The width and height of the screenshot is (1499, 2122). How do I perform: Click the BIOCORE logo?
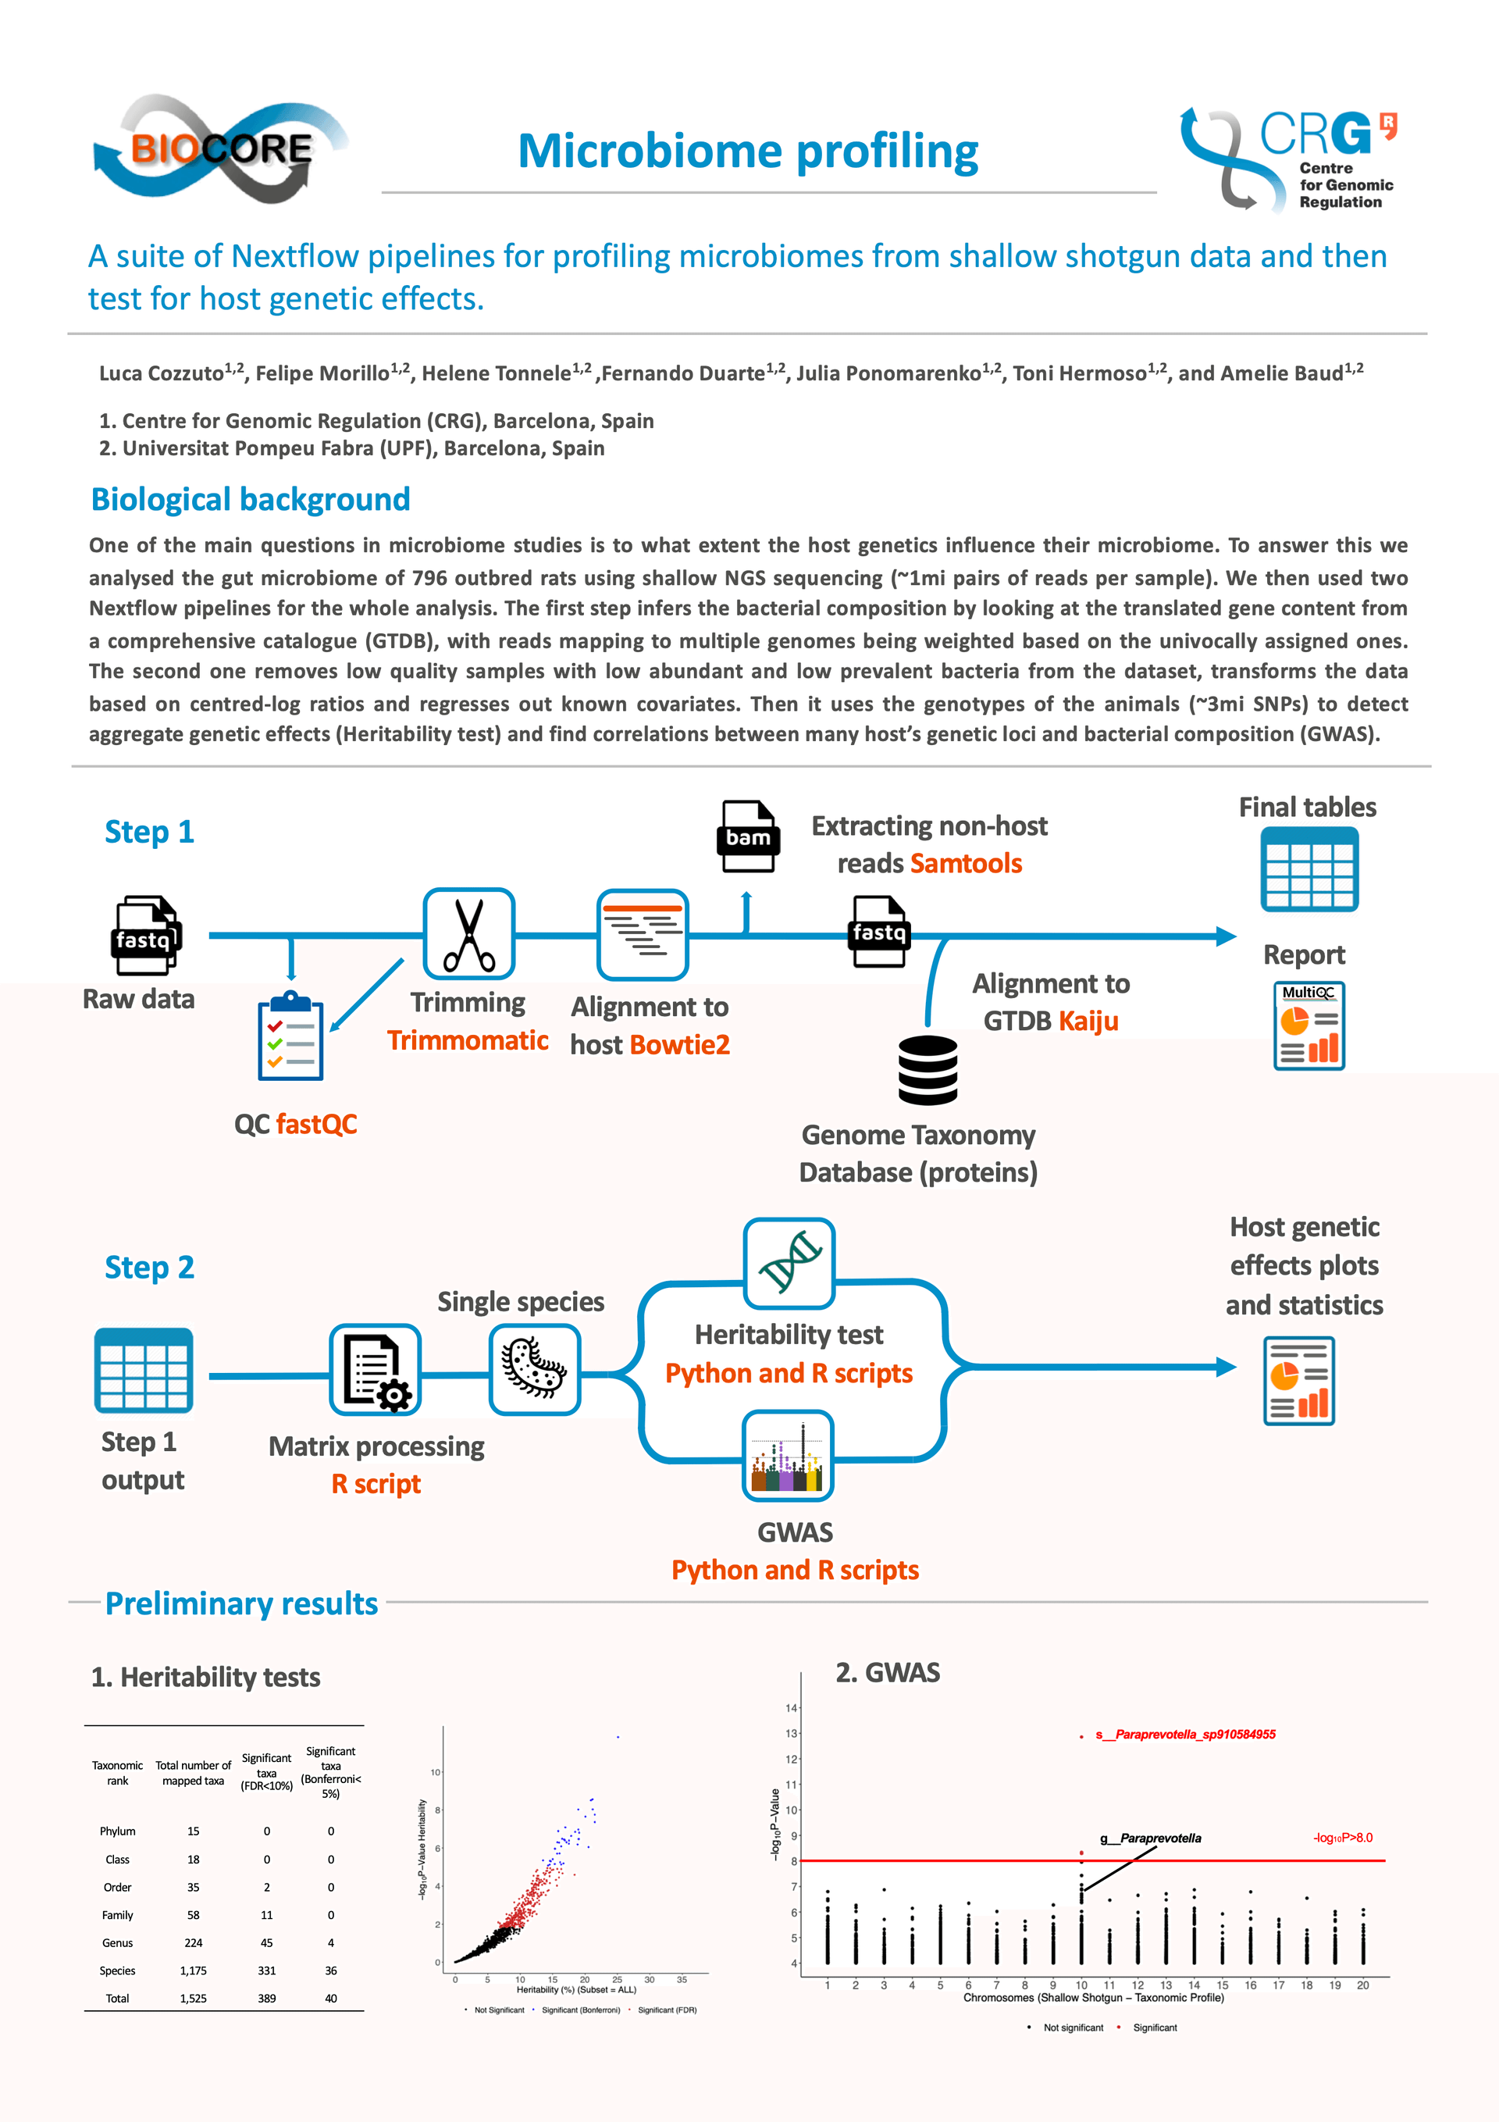(x=220, y=148)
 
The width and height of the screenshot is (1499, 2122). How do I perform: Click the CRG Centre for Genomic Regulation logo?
(x=1288, y=159)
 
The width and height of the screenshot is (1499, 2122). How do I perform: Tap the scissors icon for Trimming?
(x=468, y=933)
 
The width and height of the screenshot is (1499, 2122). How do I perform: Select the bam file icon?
(x=748, y=836)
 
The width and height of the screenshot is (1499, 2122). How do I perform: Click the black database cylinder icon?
(x=928, y=1069)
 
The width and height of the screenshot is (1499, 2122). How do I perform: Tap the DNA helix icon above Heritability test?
(x=789, y=1262)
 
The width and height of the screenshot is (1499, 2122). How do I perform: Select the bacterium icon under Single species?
(x=534, y=1369)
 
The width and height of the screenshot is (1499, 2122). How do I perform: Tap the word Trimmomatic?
(x=468, y=1040)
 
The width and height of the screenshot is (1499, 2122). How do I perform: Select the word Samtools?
(x=966, y=863)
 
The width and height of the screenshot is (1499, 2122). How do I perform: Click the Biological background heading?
(x=251, y=499)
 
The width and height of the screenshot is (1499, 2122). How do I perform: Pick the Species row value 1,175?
(x=193, y=1970)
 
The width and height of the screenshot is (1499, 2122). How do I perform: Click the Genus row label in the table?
(x=117, y=1942)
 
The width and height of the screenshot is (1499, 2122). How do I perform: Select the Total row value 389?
(x=266, y=1998)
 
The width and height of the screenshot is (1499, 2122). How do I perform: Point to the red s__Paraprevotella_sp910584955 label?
(x=1186, y=1734)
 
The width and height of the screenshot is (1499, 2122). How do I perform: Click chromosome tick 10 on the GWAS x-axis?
(x=1081, y=1985)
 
